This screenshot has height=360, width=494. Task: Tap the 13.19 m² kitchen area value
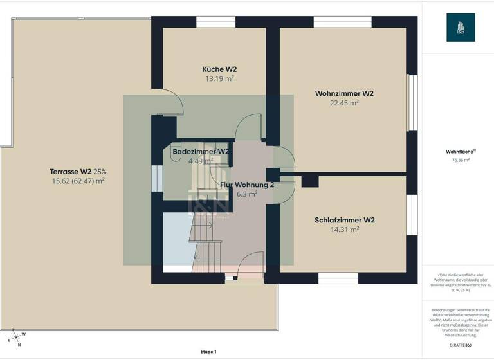pyautogui.click(x=219, y=79)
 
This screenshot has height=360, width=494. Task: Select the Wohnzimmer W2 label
pyautogui.click(x=344, y=93)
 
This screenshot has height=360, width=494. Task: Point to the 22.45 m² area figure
pyautogui.click(x=344, y=103)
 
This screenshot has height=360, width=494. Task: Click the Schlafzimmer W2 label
pyautogui.click(x=345, y=220)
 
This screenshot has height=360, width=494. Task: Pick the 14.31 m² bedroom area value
pyautogui.click(x=345, y=229)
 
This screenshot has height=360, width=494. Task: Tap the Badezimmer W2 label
pyautogui.click(x=201, y=152)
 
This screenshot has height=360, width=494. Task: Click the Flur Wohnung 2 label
pyautogui.click(x=247, y=184)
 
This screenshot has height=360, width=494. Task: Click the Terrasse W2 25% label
pyautogui.click(x=78, y=172)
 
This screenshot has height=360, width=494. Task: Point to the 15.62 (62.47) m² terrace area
pyautogui.click(x=78, y=181)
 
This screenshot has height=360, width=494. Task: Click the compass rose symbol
pyautogui.click(x=15, y=337)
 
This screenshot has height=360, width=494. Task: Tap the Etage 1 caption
pyautogui.click(x=208, y=352)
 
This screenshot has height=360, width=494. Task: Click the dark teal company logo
pyautogui.click(x=461, y=28)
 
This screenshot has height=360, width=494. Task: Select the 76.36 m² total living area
pyautogui.click(x=461, y=160)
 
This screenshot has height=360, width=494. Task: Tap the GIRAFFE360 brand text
pyautogui.click(x=460, y=345)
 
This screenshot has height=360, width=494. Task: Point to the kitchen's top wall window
pyautogui.click(x=215, y=21)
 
